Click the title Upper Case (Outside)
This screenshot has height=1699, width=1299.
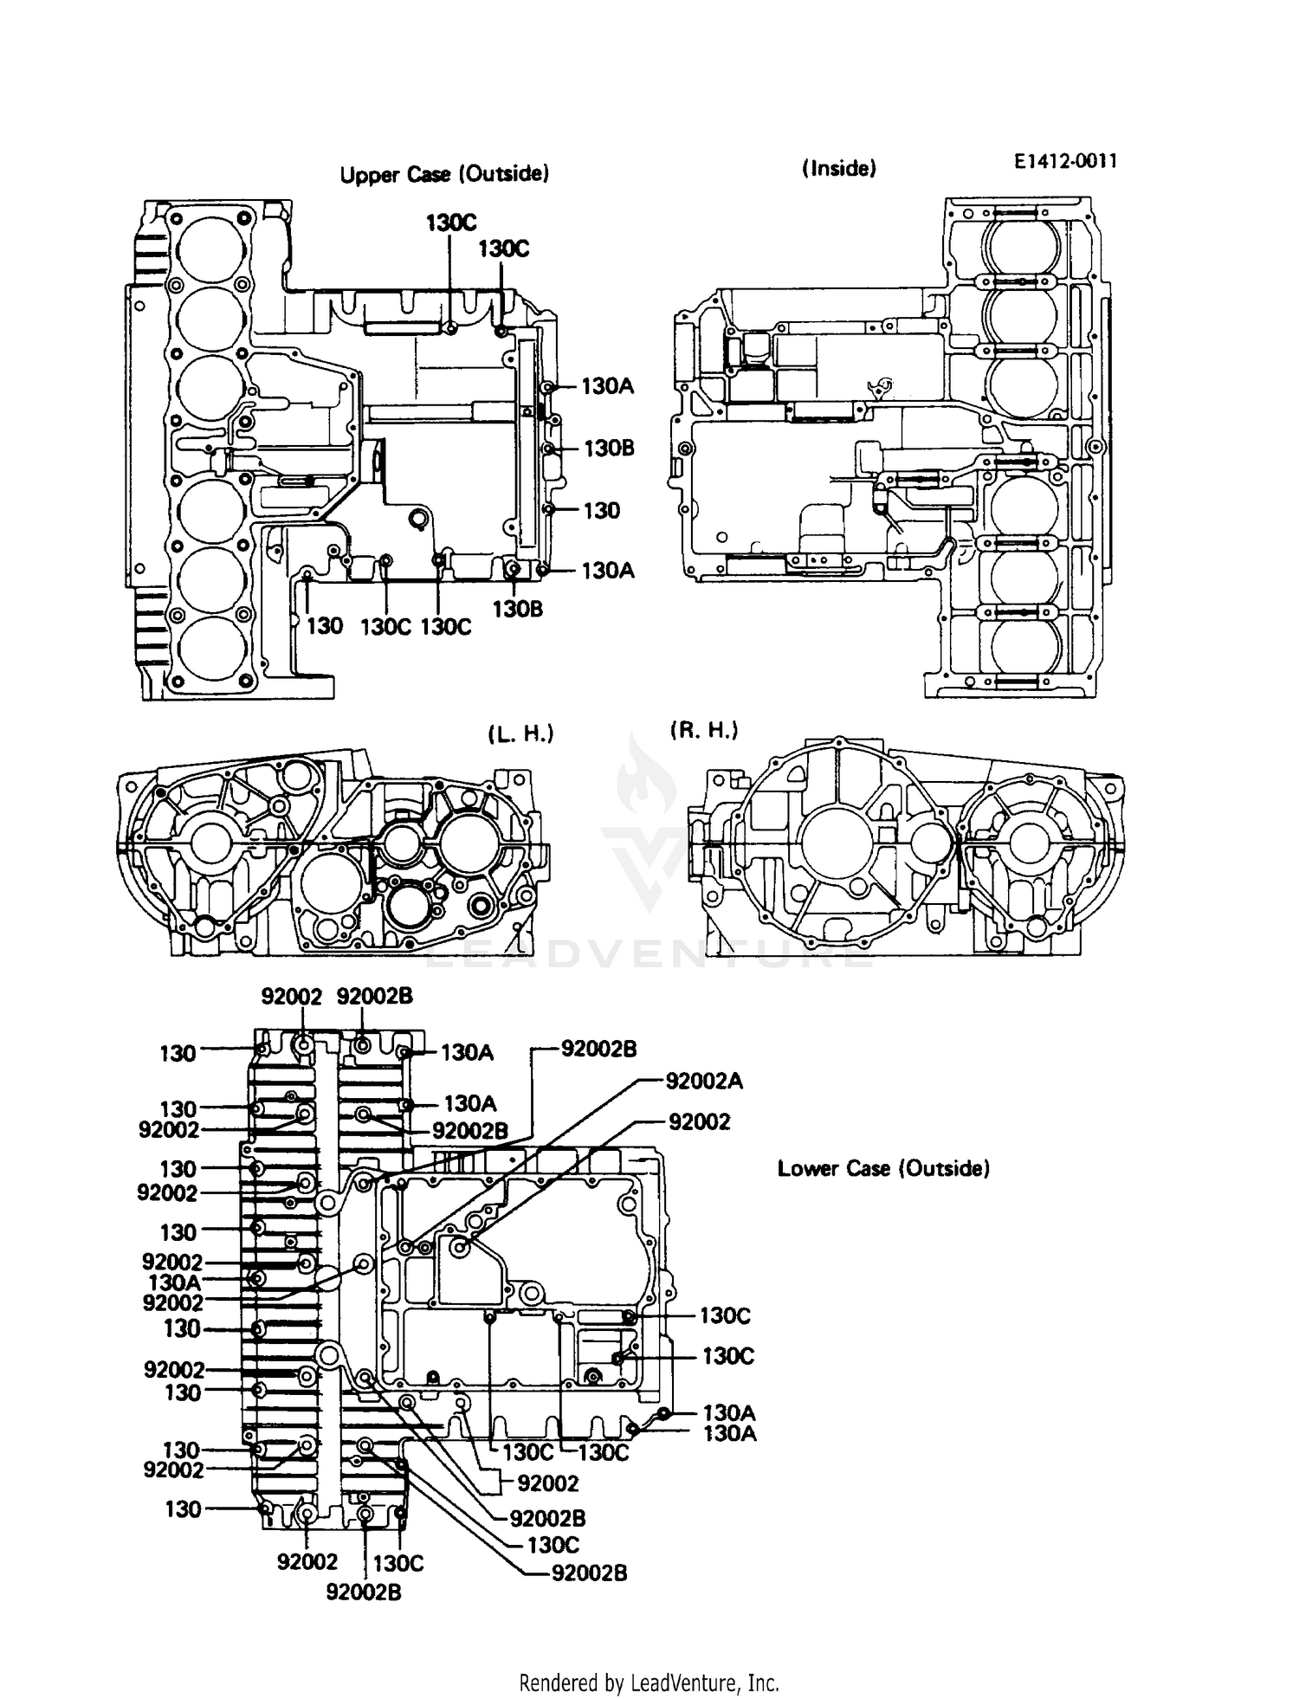coord(443,174)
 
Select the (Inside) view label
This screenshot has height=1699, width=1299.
coord(838,168)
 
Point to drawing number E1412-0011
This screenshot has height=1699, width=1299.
coord(1065,160)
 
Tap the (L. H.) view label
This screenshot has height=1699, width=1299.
coord(520,734)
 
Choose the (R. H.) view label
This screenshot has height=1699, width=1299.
coord(703,730)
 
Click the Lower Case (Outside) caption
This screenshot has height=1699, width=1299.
coord(882,1168)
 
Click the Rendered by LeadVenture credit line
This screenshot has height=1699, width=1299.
coord(649,1683)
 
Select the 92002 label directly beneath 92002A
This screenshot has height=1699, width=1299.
coord(699,1121)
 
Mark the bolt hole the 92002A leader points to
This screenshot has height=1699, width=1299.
coord(405,1247)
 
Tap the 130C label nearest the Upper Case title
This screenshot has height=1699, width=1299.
coord(450,223)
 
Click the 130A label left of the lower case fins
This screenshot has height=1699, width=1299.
coord(174,1282)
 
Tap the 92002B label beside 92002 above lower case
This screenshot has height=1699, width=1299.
coord(374,996)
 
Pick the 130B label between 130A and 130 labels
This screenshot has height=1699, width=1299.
coord(609,448)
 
